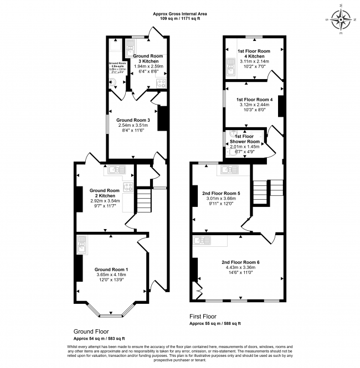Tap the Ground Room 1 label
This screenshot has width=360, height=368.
(111, 269)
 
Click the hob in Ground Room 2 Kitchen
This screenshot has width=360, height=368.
(128, 186)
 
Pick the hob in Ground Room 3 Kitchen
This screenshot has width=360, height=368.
(161, 84)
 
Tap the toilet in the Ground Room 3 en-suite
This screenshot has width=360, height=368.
(114, 81)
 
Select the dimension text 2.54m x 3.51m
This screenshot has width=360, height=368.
(133, 126)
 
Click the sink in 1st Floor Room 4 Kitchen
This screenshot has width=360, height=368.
(230, 69)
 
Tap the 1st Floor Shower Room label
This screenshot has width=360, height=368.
(244, 136)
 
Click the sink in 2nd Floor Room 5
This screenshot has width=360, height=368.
(227, 169)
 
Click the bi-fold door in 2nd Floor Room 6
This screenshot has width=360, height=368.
(198, 289)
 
